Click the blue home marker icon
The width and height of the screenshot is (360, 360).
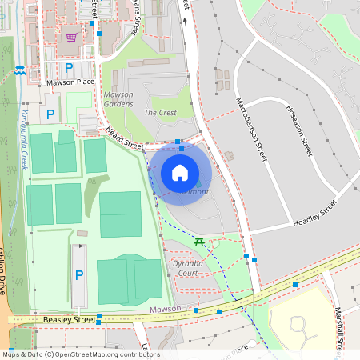(180, 172)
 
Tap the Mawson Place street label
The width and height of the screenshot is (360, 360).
(70, 82)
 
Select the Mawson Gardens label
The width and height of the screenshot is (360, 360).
(118, 99)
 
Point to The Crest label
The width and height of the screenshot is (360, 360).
(160, 113)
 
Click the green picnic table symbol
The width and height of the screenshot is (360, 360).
(198, 242)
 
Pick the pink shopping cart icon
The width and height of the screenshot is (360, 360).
(72, 37)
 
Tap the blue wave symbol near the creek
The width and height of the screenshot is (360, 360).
(19, 70)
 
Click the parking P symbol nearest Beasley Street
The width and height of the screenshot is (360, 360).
(78, 275)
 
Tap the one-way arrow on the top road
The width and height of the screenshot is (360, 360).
(185, 22)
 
